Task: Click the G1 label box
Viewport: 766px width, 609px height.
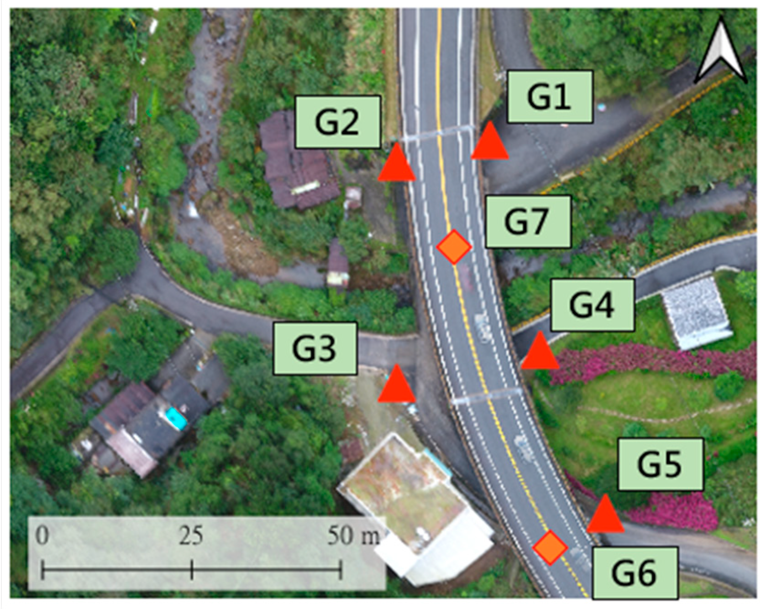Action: click(550, 97)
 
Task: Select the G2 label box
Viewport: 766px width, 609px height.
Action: click(337, 122)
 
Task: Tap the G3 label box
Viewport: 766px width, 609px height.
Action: click(315, 349)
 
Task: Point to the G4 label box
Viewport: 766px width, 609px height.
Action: click(592, 305)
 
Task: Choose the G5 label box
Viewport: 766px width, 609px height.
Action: click(660, 464)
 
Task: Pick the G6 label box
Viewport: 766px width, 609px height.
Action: click(635, 573)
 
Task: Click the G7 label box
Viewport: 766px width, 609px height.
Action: click(528, 221)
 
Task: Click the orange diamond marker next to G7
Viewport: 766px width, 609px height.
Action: click(454, 247)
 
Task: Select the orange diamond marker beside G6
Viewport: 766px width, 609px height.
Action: click(551, 547)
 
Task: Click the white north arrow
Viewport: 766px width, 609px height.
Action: click(721, 51)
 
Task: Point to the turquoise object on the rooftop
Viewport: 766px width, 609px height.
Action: click(176, 418)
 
